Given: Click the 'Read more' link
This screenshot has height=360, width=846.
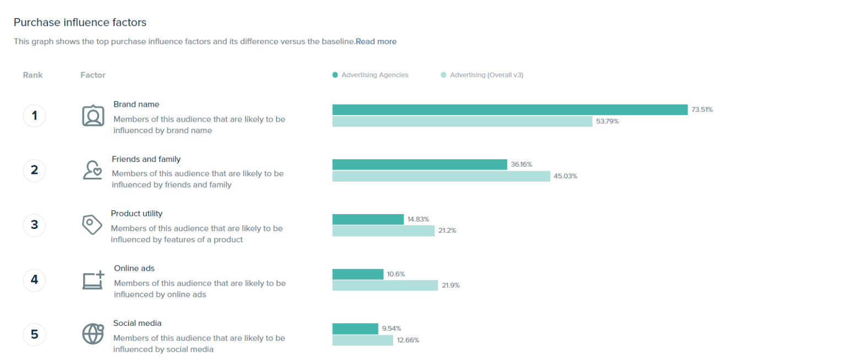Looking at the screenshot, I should pyautogui.click(x=376, y=41).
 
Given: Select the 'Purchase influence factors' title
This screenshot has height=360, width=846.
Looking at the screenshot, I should pyautogui.click(x=80, y=23).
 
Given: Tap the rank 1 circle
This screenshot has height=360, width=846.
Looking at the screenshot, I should pyautogui.click(x=34, y=116).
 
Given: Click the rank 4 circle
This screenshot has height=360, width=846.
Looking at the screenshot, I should pyautogui.click(x=34, y=280).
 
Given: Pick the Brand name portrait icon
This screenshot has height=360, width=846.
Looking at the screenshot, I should pyautogui.click(x=93, y=116).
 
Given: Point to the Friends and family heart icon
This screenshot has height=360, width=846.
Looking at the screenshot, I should pyautogui.click(x=93, y=170).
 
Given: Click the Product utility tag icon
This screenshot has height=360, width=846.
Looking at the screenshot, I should pyautogui.click(x=92, y=225).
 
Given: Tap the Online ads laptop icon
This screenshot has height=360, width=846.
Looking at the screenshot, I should pyautogui.click(x=93, y=280).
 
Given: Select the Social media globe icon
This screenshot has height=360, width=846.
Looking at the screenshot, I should pyautogui.click(x=93, y=334).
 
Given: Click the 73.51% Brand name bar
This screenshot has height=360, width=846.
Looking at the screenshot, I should pyautogui.click(x=509, y=110).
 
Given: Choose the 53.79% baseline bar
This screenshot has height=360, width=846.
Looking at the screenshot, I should pyautogui.click(x=462, y=121).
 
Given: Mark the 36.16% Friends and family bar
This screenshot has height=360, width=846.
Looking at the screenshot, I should pyautogui.click(x=419, y=165).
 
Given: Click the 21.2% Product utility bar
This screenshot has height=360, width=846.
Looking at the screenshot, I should pyautogui.click(x=383, y=231).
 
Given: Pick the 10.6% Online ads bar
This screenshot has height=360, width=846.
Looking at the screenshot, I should pyautogui.click(x=357, y=274).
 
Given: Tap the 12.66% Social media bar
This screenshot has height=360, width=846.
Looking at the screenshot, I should pyautogui.click(x=362, y=340).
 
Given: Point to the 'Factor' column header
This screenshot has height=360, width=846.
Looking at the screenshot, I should pyautogui.click(x=93, y=75).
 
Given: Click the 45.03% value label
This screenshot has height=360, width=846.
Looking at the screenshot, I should pyautogui.click(x=566, y=176).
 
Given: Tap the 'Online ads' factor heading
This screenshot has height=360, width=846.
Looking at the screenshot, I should pyautogui.click(x=134, y=269).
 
